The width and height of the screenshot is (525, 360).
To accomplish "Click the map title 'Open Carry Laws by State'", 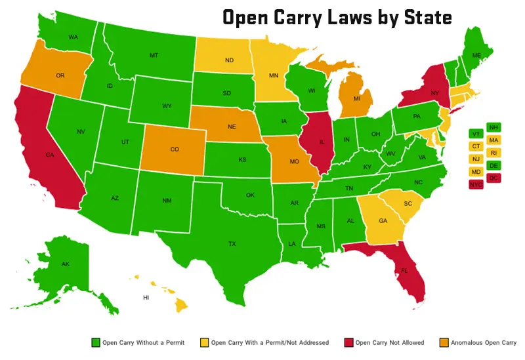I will (x=337, y=17).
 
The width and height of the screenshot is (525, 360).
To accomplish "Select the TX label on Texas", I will (x=232, y=243).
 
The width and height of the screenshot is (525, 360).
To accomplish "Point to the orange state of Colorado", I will (x=174, y=150).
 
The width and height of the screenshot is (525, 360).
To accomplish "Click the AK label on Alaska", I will (x=65, y=264).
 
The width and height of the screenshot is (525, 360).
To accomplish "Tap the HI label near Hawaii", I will (x=146, y=297).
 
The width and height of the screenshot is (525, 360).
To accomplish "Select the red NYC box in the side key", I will (x=474, y=185).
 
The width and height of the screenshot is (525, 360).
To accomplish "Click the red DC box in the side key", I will (x=493, y=178).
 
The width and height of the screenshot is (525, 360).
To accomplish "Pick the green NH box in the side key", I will (x=493, y=128).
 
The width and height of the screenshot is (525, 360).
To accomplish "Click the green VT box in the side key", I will (x=474, y=134).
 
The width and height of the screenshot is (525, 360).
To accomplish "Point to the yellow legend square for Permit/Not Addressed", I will (x=205, y=342).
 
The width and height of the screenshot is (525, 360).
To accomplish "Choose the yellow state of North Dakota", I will (x=229, y=61).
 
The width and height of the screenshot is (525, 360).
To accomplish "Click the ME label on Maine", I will (x=477, y=55).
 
